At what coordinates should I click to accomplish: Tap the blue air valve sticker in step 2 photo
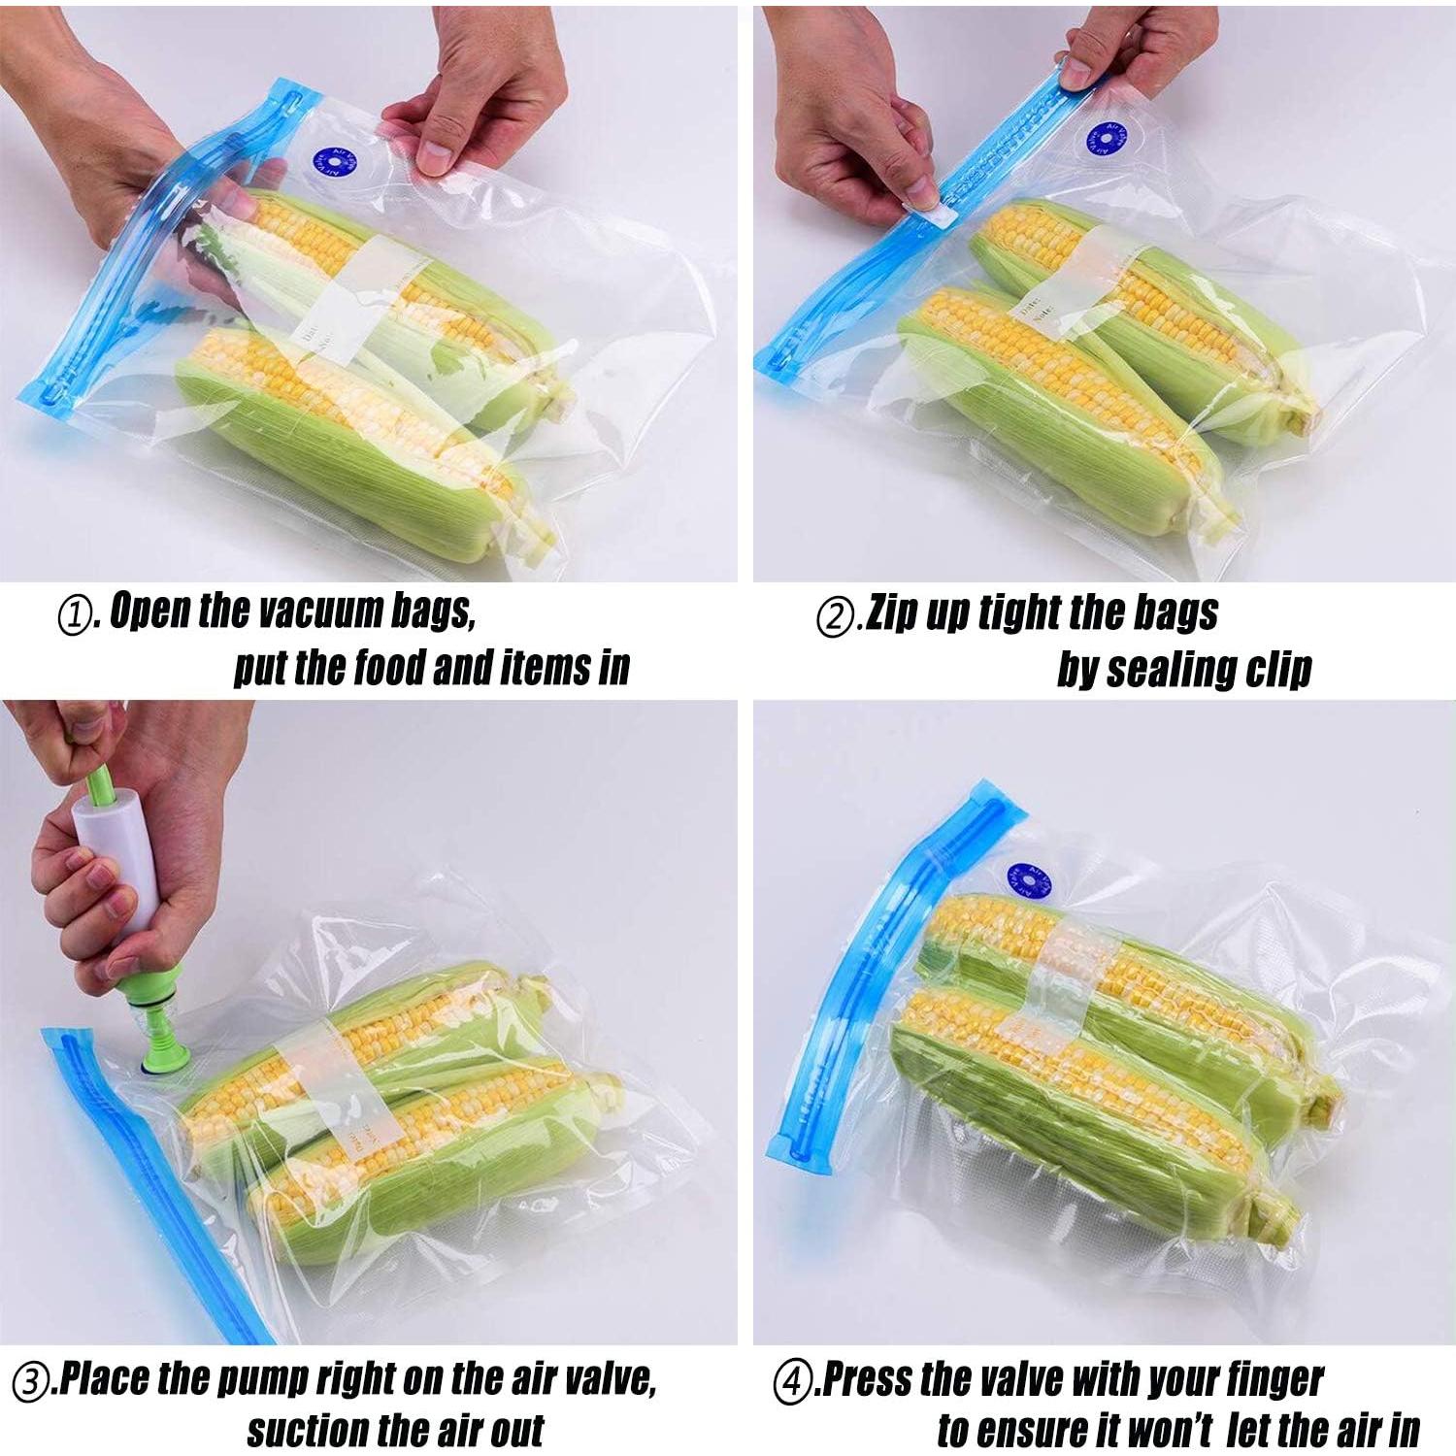1105,142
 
